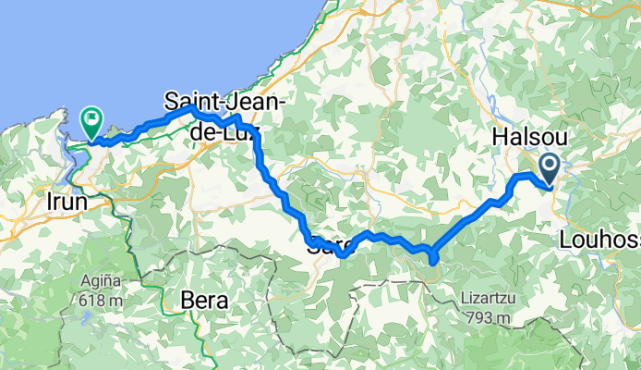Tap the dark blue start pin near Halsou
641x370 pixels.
click(x=549, y=166)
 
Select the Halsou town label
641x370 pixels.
click(x=529, y=135)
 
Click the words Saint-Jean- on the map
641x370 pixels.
click(x=225, y=100)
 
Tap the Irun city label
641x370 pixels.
click(x=65, y=201)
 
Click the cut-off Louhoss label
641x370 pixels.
click(x=599, y=240)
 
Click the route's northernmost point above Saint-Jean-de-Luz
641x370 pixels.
click(x=192, y=108)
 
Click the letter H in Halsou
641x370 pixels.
click(x=501, y=135)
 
